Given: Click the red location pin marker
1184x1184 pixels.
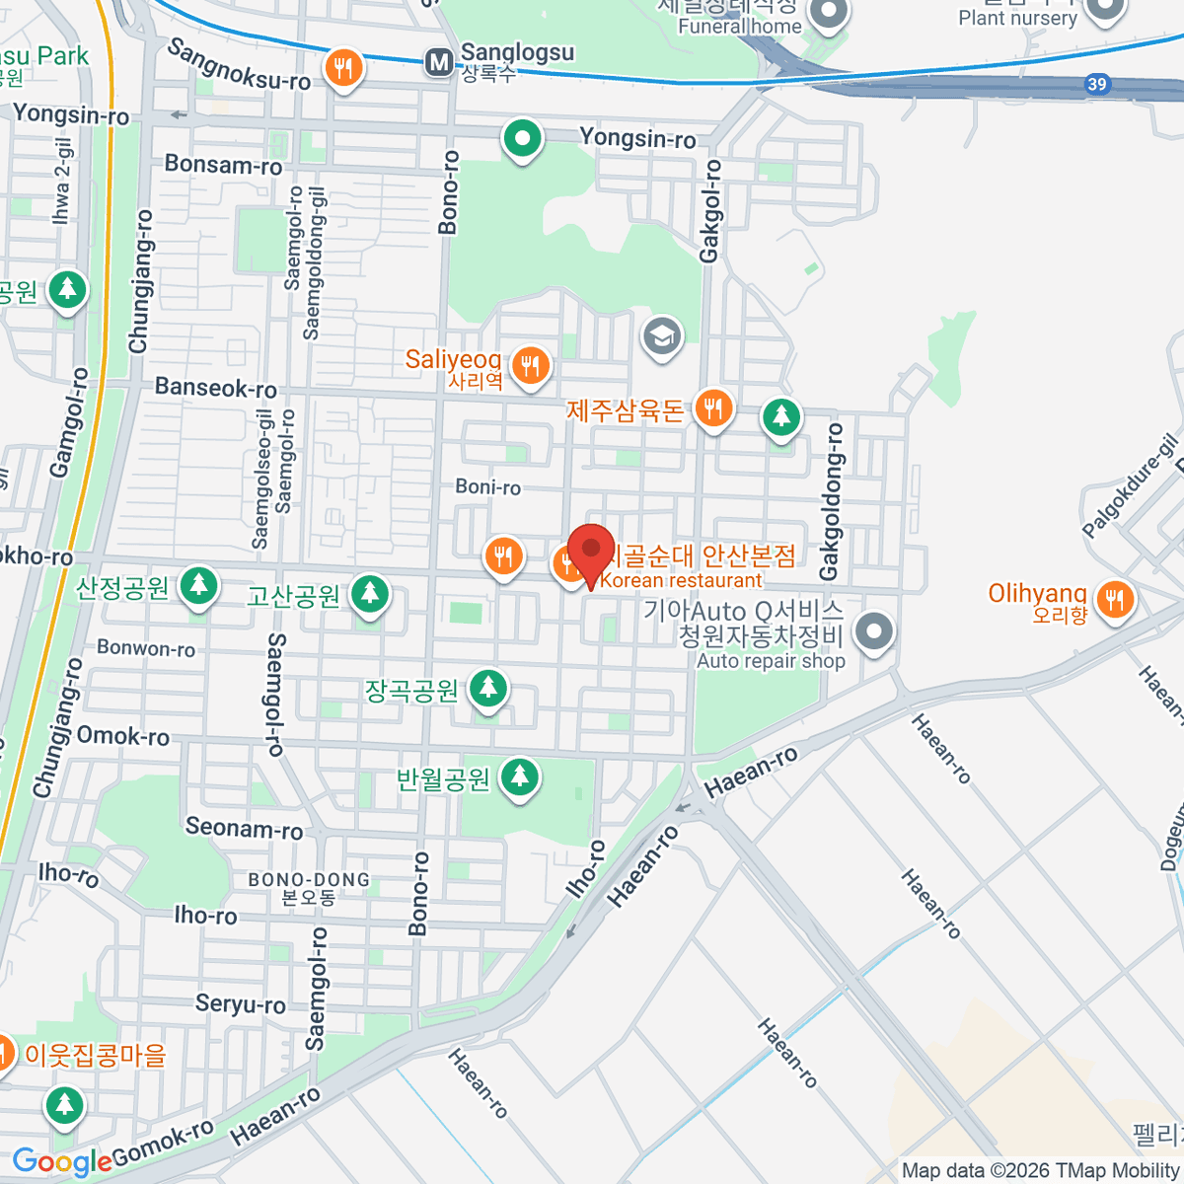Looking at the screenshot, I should (x=591, y=549).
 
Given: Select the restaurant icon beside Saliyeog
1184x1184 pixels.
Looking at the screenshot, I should (x=531, y=365).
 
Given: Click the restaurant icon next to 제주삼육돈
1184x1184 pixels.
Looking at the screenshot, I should (x=712, y=407).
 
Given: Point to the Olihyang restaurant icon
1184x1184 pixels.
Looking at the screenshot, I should (x=1115, y=598).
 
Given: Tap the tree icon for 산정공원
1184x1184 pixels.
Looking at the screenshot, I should (x=199, y=586).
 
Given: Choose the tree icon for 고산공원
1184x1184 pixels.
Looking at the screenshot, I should (x=370, y=593).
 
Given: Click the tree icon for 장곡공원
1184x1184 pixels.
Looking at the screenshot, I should (x=487, y=687).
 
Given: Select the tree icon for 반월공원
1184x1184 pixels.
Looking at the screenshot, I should (x=520, y=777).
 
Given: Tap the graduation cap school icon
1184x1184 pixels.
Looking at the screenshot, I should (x=662, y=335).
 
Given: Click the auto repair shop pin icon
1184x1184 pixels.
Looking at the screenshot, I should (x=873, y=631).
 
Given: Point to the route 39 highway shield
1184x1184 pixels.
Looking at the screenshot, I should (x=1097, y=84).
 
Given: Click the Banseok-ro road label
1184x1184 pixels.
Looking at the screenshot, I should (x=215, y=388).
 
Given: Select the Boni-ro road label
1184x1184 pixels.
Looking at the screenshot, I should (x=488, y=486).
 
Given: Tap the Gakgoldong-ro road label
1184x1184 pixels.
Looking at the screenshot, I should (x=832, y=501).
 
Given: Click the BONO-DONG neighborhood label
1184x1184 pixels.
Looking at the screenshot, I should (x=309, y=879).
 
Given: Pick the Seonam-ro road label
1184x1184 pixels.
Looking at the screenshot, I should (x=244, y=828).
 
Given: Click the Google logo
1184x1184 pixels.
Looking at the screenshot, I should (x=61, y=1161).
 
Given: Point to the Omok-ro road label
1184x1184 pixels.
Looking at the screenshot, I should (x=122, y=735).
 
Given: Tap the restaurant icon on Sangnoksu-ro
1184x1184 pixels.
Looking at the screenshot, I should (x=343, y=69).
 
